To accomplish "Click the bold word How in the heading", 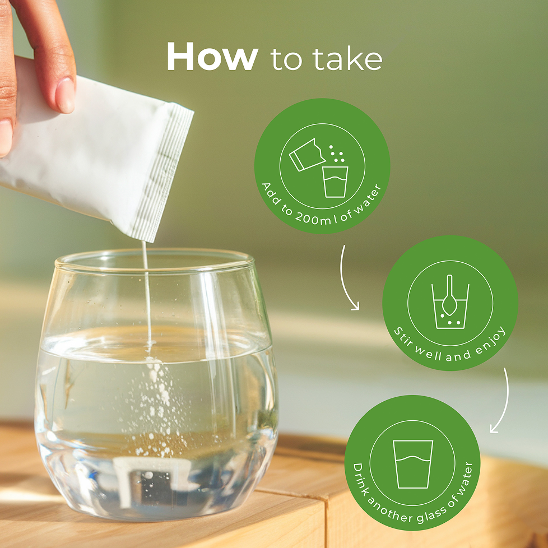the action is [x=212, y=57].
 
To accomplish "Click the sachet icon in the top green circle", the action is [x=307, y=155].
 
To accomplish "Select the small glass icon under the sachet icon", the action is [x=335, y=182].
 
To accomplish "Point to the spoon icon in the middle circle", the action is [x=449, y=295].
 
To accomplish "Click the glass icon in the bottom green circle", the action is [x=413, y=464].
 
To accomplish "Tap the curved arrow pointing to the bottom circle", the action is [x=502, y=402].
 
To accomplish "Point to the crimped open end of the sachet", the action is [x=164, y=171].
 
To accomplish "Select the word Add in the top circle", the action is [x=270, y=193].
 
